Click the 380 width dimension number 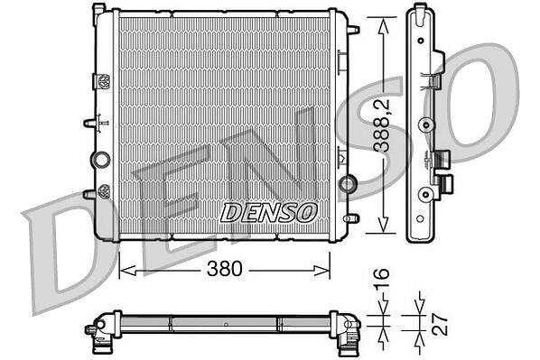coord(225,269)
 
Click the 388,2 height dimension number coord(382,125)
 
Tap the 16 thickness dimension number coord(382,278)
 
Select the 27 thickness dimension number coord(440,324)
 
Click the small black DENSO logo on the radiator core coord(268,212)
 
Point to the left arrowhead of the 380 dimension coord(127,270)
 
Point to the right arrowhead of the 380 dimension coord(321,270)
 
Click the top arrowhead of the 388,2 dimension coord(383,26)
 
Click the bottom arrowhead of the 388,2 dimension coord(383,225)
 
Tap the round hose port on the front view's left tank coord(101,160)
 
